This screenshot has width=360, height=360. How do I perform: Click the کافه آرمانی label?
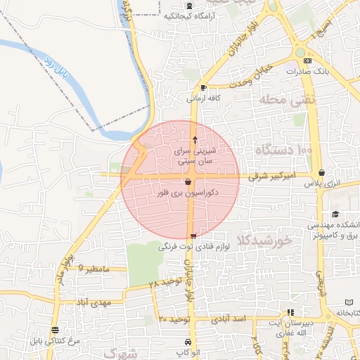coord(204,98)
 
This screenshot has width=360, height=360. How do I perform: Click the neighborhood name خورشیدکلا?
coord(265,240)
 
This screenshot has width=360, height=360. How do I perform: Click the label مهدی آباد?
coord(96,303)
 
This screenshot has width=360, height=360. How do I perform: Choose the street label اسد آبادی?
coord(248,319)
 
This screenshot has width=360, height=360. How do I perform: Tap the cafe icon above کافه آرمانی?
coord(203,88)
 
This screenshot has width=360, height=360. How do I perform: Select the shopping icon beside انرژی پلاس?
coord(321,173)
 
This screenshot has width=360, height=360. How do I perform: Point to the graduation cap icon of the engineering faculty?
coord(335,214)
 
